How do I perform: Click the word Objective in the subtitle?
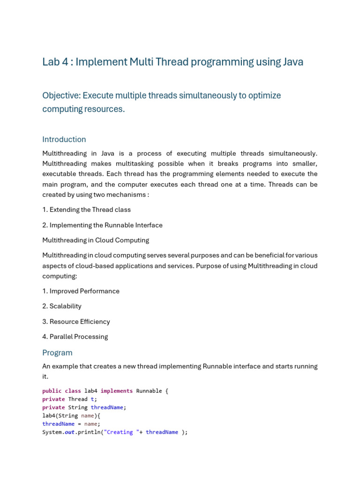(x=61, y=96)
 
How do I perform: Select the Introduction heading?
(x=64, y=139)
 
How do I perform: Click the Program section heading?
(x=57, y=352)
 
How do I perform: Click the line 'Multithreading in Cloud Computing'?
(x=96, y=240)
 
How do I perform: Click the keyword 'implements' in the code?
(x=117, y=391)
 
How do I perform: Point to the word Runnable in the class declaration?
(x=149, y=391)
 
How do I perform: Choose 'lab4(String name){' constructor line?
(x=71, y=416)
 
